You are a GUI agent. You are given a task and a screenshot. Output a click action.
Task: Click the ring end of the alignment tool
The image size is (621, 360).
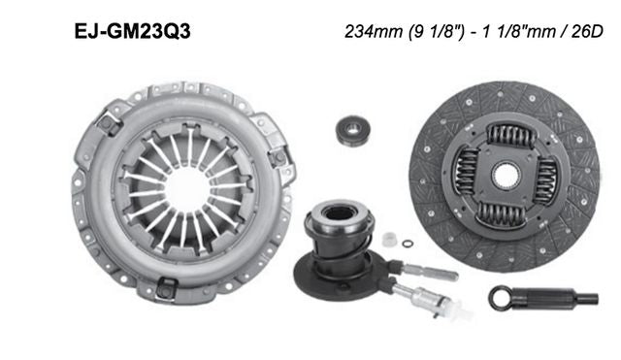(504, 295)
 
